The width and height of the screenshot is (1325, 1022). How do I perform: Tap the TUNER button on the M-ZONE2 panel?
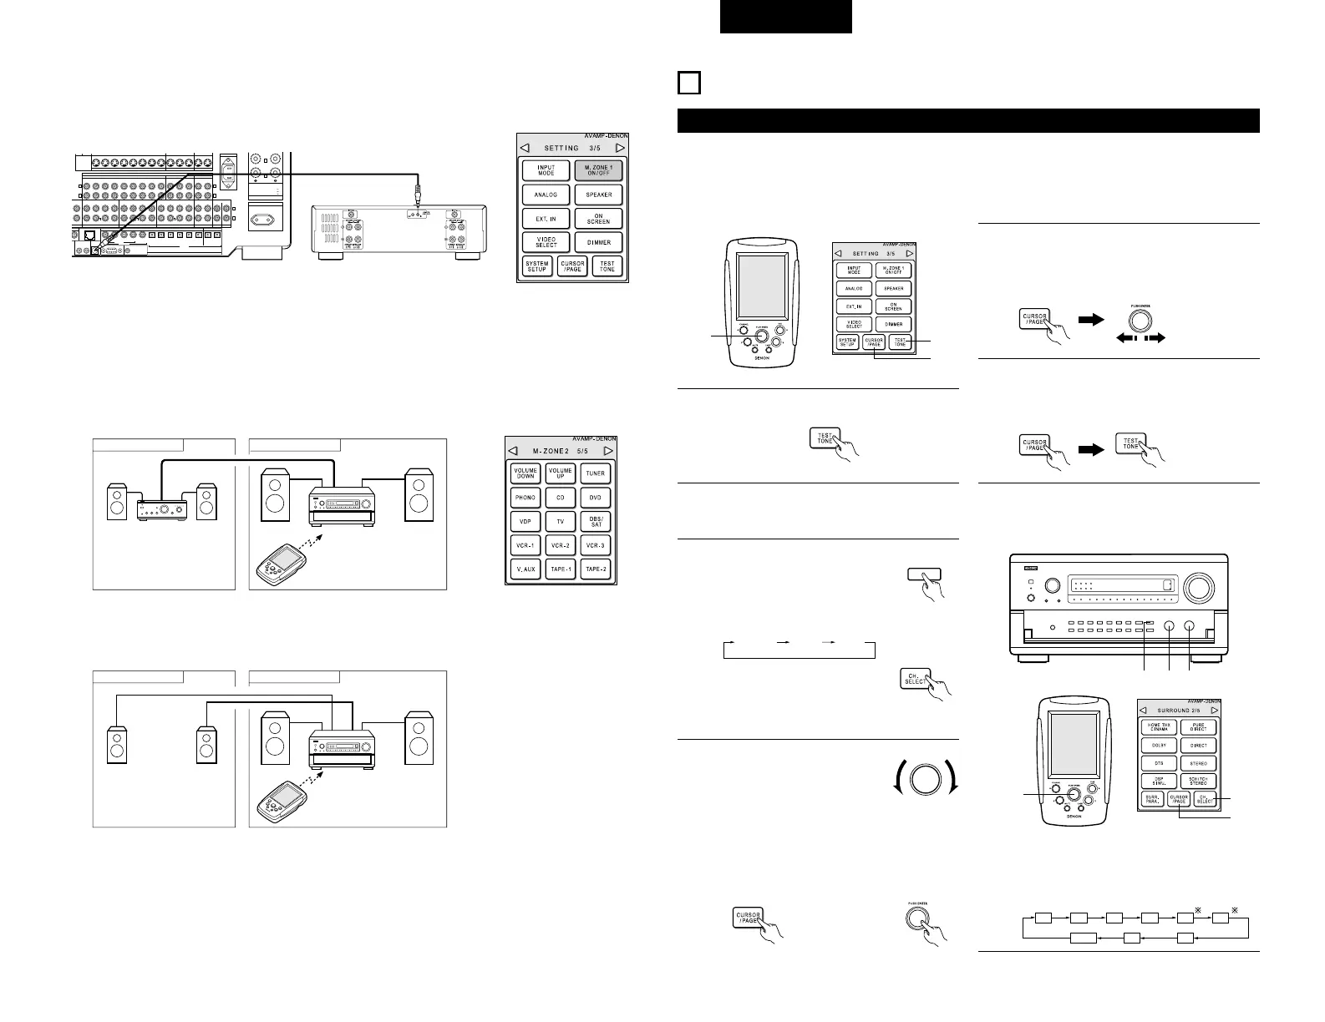click(595, 473)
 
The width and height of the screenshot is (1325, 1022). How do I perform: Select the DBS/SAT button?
click(595, 521)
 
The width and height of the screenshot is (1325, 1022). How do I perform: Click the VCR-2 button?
click(560, 545)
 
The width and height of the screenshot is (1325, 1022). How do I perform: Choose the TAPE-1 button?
click(560, 569)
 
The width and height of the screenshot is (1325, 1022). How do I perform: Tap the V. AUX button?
click(525, 569)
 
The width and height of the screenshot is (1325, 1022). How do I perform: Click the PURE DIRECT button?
click(1198, 727)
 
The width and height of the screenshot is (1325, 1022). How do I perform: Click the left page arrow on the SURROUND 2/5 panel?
click(1145, 711)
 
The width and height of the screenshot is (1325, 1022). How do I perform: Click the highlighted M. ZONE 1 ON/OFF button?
click(598, 171)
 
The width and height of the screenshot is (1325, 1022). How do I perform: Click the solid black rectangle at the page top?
click(785, 17)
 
